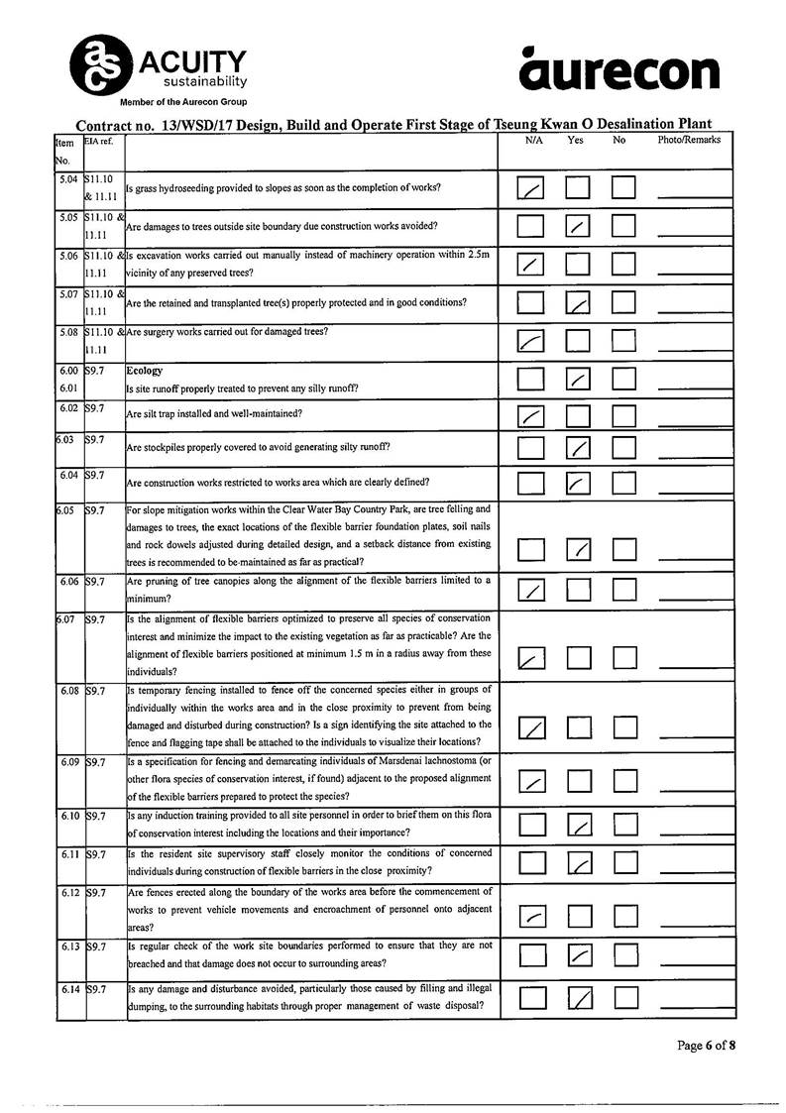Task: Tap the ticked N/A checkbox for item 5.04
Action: pos(531,187)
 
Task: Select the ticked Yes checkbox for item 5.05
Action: pos(578,226)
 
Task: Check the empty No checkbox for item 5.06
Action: pos(623,264)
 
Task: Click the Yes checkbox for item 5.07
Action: pos(578,301)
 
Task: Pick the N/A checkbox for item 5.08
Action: pos(531,341)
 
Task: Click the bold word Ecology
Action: pos(145,371)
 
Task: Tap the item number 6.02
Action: pos(68,407)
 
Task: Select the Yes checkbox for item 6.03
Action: pos(578,448)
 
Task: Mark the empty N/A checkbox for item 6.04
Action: pos(531,483)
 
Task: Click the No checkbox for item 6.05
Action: pos(623,549)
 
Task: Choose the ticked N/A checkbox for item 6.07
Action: pos(532,657)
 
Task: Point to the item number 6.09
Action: pos(69,762)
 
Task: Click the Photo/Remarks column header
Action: pos(689,141)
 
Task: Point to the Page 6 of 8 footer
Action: pos(707,1045)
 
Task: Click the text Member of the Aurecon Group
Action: pos(183,102)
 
